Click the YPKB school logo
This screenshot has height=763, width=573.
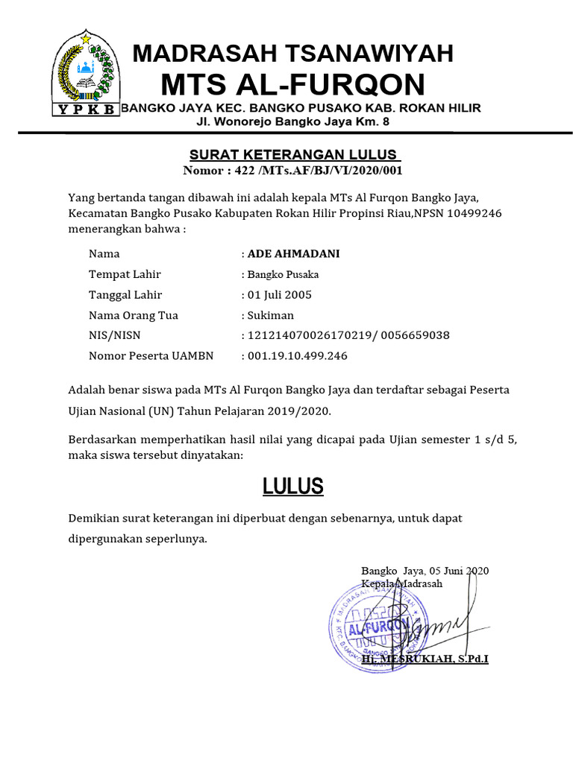point(84,73)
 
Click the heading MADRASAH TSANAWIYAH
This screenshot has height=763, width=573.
point(292,54)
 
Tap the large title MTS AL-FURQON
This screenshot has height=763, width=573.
point(292,84)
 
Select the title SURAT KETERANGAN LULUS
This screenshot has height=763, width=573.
point(295,155)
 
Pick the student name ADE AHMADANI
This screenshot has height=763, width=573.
point(293,254)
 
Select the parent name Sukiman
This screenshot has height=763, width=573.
point(271,315)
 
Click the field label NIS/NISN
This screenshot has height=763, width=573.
point(114,335)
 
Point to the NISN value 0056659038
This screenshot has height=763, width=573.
point(415,335)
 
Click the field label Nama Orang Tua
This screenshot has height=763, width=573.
point(134,315)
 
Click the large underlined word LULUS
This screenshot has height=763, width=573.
point(292,487)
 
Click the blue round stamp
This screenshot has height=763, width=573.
point(371,627)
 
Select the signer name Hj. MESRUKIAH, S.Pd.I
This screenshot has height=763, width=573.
point(425,659)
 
